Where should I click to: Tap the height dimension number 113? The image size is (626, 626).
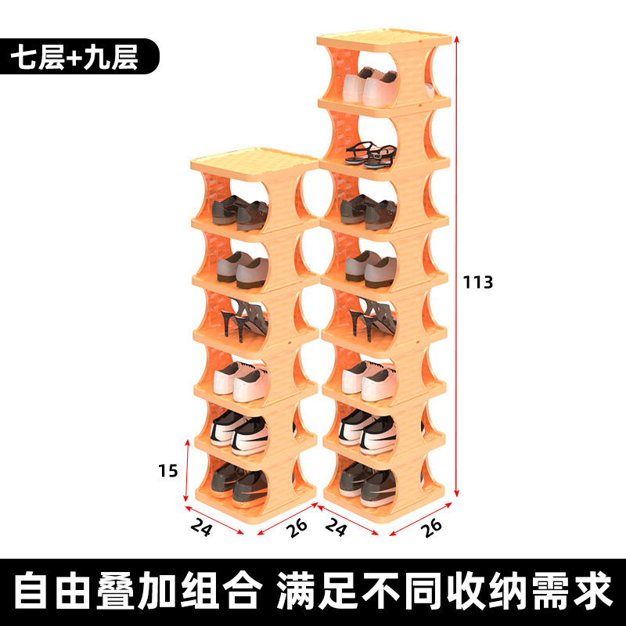[477, 282]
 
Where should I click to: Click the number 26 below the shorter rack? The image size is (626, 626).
[297, 528]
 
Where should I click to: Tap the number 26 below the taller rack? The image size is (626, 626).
[430, 528]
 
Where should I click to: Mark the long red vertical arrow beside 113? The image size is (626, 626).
[456, 266]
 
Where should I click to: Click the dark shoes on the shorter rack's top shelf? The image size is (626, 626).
[239, 210]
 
